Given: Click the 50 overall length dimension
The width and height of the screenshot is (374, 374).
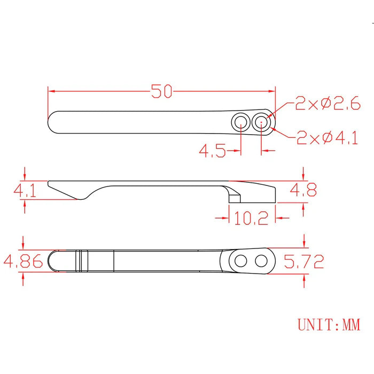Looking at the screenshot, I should click(161, 91).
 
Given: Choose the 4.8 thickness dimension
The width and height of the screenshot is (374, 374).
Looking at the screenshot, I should click(303, 190).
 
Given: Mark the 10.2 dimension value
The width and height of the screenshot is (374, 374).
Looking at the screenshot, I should click(251, 218).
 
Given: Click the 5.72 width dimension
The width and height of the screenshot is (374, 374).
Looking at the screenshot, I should click(304, 261).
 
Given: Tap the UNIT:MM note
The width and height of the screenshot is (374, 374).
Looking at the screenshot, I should click(328, 324).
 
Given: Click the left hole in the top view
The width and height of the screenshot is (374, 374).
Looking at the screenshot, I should click(240, 122).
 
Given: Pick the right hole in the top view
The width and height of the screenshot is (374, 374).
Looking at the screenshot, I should click(261, 122).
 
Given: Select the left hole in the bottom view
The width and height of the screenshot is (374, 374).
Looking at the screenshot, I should click(240, 261).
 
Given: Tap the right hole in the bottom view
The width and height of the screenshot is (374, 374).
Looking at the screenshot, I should click(261, 261).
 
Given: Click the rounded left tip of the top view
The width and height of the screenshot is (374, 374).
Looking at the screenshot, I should click(51, 122).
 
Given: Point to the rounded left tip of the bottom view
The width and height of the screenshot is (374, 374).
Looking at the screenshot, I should click(52, 261).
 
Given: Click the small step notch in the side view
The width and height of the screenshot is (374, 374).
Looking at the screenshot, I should click(235, 197).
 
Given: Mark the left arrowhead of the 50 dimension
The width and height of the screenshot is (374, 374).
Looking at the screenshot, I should click(52, 91).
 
